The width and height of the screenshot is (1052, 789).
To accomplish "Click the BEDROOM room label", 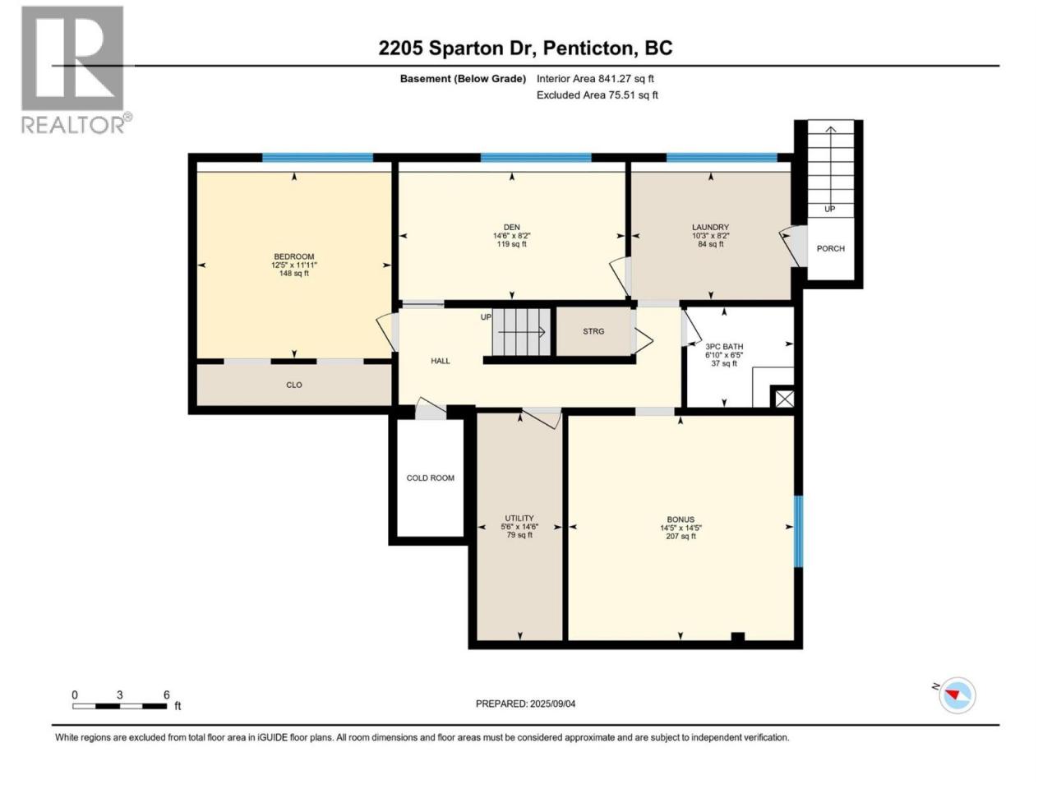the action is point(293,256).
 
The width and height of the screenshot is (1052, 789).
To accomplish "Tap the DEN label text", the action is point(511,227).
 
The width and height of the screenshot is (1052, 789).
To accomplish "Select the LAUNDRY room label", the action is point(710,227).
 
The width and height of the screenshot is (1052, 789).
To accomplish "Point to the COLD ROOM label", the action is point(430,478).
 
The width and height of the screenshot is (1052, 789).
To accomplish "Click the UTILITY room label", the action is point(519,518).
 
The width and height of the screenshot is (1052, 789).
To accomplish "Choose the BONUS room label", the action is point(680,519).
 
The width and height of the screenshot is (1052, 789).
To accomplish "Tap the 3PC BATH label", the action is point(724,346).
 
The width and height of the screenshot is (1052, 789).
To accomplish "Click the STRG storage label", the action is point(593,331).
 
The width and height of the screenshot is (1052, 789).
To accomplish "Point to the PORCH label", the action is point(831,248).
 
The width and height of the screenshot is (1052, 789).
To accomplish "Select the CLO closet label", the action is point(293,385).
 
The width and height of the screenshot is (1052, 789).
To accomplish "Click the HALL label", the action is point(440,361).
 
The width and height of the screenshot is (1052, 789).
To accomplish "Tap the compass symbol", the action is point(957,695).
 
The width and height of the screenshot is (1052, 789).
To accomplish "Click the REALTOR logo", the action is point(76,70).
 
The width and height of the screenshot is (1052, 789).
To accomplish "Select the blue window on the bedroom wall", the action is point(317,158).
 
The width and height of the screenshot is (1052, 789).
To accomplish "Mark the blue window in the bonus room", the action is point(799,532).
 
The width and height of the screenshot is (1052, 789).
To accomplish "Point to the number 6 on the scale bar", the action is point(166,694).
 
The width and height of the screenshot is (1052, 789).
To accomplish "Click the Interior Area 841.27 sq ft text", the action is point(595,79).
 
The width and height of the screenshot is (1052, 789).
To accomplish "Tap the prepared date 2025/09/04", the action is point(552,704).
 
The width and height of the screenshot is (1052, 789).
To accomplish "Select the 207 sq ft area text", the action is point(681,536).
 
